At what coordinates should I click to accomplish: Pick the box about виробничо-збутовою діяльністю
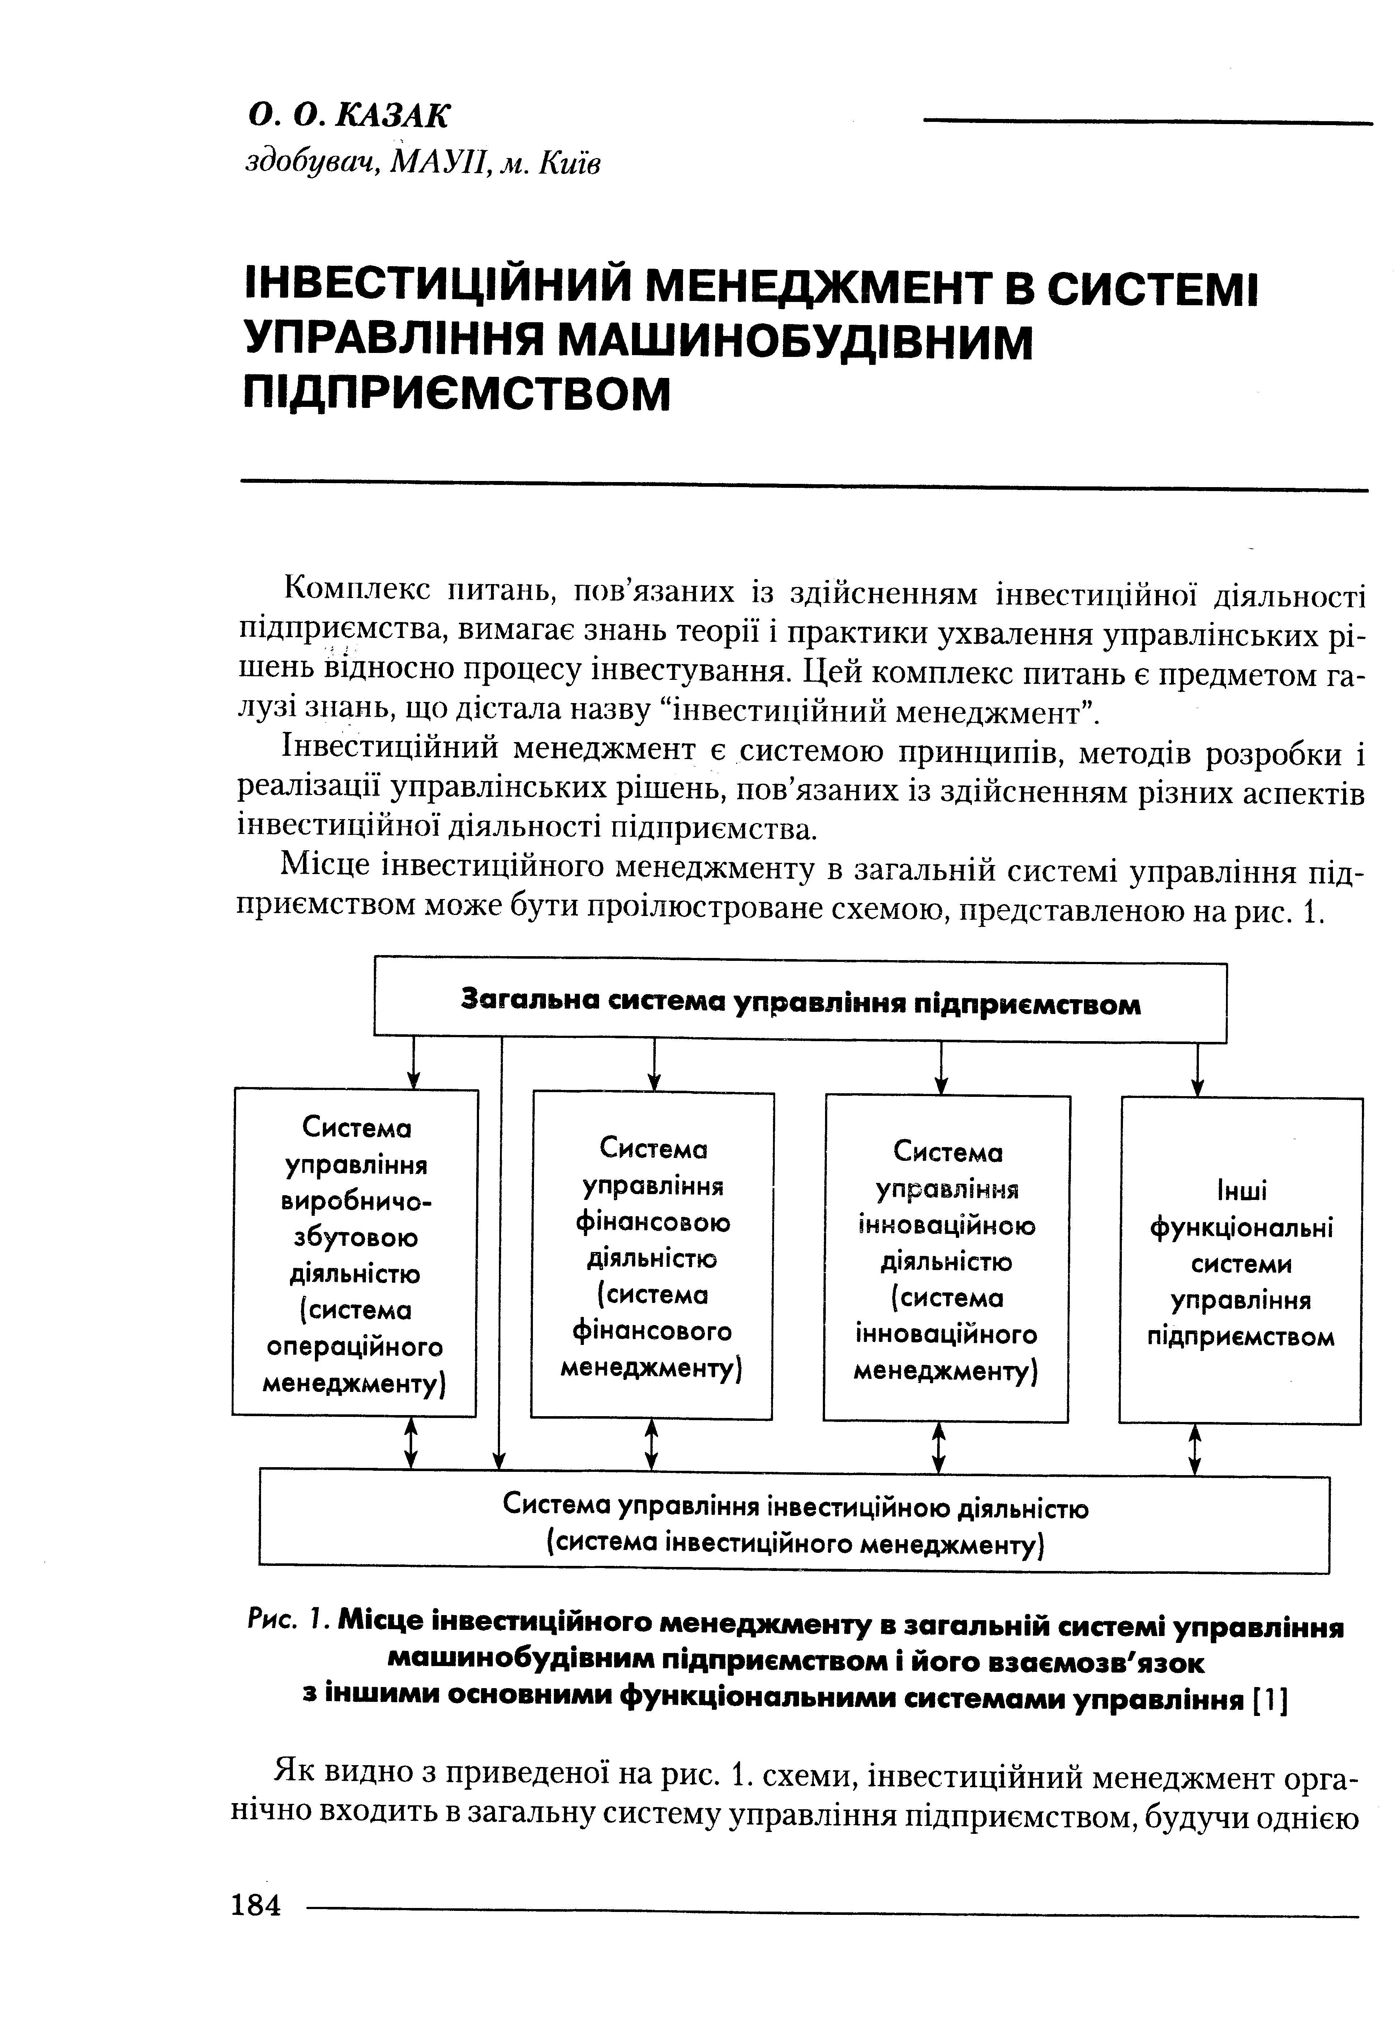click(356, 1253)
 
